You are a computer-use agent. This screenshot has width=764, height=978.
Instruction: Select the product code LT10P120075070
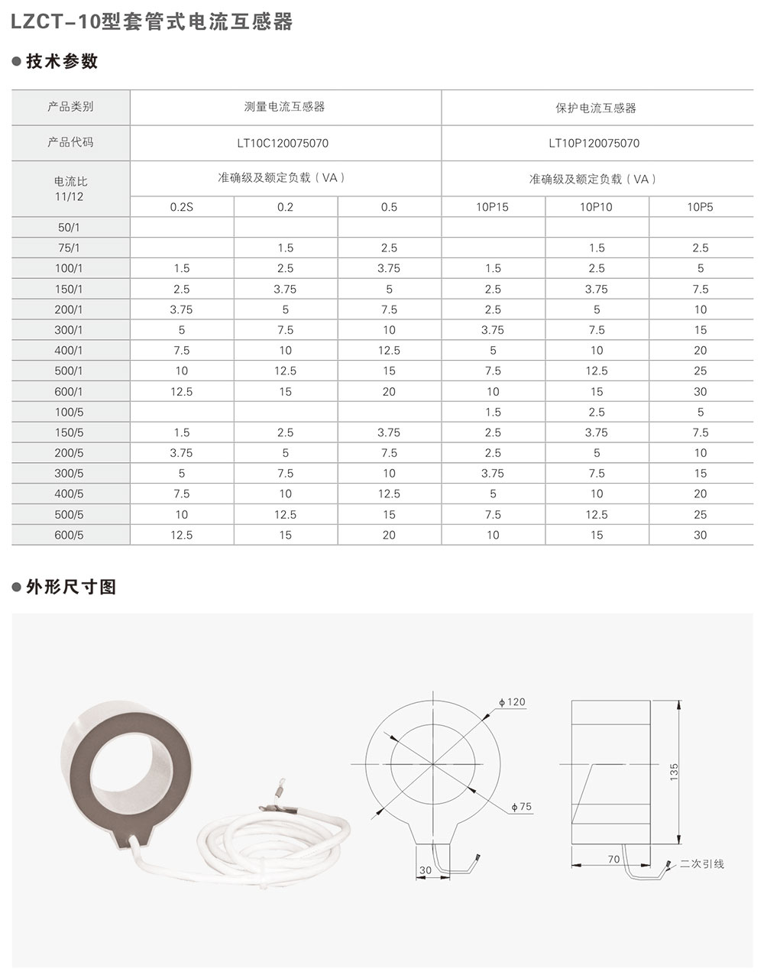pos(594,143)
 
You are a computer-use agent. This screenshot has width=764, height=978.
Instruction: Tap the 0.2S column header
pos(181,207)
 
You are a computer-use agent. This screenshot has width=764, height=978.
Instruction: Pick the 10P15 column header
pos(493,207)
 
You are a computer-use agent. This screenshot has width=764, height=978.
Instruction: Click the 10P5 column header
pos(700,207)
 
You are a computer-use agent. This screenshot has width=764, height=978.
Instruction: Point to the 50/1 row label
pos(70,228)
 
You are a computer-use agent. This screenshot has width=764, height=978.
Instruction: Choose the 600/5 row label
pos(70,535)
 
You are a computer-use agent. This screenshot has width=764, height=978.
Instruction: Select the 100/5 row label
pos(70,412)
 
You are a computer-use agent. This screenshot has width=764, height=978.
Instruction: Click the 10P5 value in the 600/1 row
pos(700,391)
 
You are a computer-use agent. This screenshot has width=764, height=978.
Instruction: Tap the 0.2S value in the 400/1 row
pos(181,350)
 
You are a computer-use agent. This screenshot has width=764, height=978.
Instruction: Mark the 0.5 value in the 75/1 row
pos(389,248)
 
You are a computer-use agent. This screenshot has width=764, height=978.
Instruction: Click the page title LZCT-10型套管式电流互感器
pos(152,23)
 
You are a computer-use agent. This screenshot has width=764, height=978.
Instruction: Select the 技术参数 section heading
pos(62,62)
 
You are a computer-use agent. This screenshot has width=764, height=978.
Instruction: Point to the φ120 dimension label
pos(512,702)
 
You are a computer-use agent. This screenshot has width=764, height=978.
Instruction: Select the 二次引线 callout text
pos(701,864)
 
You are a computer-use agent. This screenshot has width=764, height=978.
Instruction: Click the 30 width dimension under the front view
pos(426,870)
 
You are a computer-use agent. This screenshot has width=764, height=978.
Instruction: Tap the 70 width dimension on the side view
pos(613,860)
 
